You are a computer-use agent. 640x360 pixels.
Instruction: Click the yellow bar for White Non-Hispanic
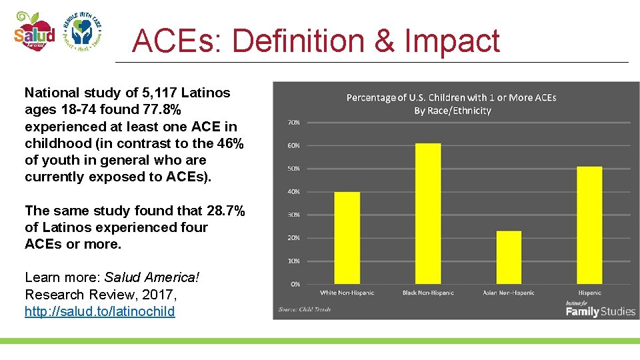[x=347, y=238]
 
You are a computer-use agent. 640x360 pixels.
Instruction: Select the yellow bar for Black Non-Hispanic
[x=428, y=213]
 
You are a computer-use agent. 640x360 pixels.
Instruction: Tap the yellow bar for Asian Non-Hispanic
[x=509, y=257]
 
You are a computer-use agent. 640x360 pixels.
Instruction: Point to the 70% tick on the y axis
[x=293, y=123]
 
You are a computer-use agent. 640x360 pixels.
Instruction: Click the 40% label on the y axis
[x=293, y=192]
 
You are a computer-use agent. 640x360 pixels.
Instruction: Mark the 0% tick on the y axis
[x=295, y=285]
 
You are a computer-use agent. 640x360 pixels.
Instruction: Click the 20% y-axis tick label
[x=293, y=238]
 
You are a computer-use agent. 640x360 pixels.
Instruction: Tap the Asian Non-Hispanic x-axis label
[x=509, y=293]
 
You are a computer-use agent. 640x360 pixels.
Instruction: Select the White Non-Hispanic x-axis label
[x=347, y=293]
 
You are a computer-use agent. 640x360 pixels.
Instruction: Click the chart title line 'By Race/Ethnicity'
[x=452, y=111]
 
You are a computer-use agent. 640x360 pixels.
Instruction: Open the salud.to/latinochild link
[x=100, y=311]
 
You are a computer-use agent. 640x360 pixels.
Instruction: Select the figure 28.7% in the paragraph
[x=226, y=211]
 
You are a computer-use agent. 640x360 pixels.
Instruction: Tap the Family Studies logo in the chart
[x=600, y=309]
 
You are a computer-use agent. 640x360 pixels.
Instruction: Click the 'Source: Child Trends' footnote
[x=305, y=309]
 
